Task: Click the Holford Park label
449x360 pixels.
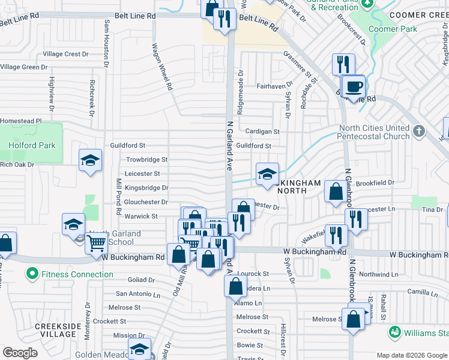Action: point(32,145)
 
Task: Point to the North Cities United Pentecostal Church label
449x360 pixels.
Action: point(374,132)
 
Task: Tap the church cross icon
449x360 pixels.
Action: point(419,130)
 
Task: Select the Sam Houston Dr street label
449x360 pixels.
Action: point(107,42)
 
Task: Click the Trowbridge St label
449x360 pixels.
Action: point(147,160)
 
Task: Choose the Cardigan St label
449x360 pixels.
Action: point(262,131)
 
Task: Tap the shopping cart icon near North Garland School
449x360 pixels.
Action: point(96,243)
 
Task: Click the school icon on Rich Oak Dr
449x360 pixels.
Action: point(90,160)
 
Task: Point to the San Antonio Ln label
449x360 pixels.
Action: point(138,294)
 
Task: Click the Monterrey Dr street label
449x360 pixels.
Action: point(87,320)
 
